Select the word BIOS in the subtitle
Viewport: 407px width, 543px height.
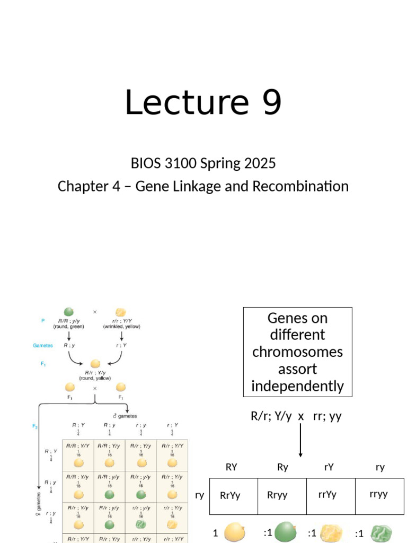tap(146, 163)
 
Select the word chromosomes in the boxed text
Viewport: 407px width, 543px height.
tap(297, 352)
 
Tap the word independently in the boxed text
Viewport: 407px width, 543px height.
tap(297, 386)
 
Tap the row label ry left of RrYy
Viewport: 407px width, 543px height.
tap(200, 495)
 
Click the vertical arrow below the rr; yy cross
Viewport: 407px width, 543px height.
tap(300, 440)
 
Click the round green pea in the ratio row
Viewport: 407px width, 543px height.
tap(286, 532)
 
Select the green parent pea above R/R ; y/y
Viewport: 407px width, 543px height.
tap(68, 312)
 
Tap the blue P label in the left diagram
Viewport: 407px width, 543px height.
tap(42, 321)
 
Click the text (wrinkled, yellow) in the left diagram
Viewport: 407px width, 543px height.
tap(121, 327)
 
